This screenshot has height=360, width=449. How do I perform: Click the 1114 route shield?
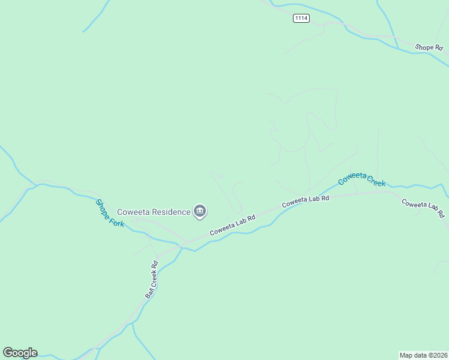[301, 19]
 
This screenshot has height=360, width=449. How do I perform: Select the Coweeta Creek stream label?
[361, 179]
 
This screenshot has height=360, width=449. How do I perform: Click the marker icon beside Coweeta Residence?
[200, 211]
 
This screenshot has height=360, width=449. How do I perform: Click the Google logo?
[20, 353]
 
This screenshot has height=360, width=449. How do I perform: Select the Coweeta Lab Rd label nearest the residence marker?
[232, 225]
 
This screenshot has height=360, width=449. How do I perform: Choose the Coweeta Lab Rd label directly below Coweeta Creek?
[306, 201]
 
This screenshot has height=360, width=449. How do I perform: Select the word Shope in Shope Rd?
[423, 47]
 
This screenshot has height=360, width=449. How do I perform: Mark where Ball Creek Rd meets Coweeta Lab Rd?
[182, 245]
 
